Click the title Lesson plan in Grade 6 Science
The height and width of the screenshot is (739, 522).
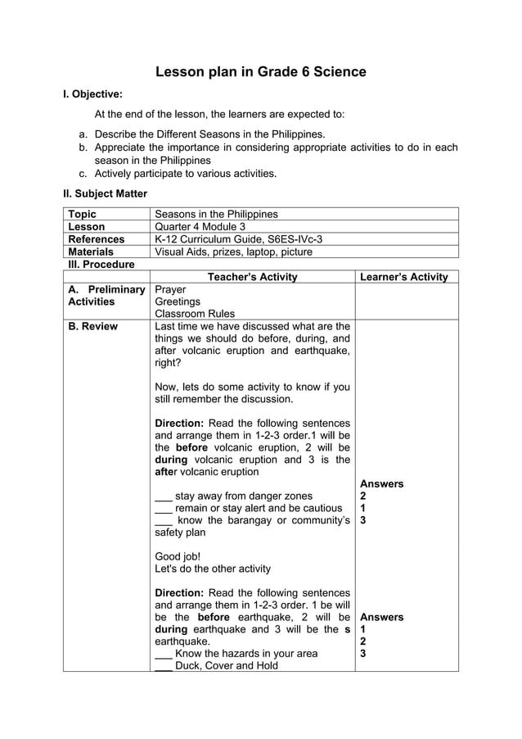[260, 72]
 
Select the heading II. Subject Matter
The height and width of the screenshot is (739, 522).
[106, 194]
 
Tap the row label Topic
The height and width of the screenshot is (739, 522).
[82, 215]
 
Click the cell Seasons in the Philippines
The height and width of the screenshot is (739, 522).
[216, 215]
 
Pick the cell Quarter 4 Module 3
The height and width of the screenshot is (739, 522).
[200, 227]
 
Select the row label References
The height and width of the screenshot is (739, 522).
[97, 239]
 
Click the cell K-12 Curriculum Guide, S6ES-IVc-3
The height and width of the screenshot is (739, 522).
[239, 239]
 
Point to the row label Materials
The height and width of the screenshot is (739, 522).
[91, 252]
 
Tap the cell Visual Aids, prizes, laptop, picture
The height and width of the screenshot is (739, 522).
[233, 252]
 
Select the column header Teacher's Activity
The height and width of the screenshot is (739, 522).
[253, 277]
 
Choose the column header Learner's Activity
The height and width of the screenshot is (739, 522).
[404, 277]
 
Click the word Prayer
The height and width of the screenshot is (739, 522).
[170, 289]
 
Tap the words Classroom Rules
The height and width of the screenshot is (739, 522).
[195, 314]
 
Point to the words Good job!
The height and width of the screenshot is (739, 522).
[178, 555]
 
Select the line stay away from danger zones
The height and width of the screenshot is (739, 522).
[243, 496]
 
